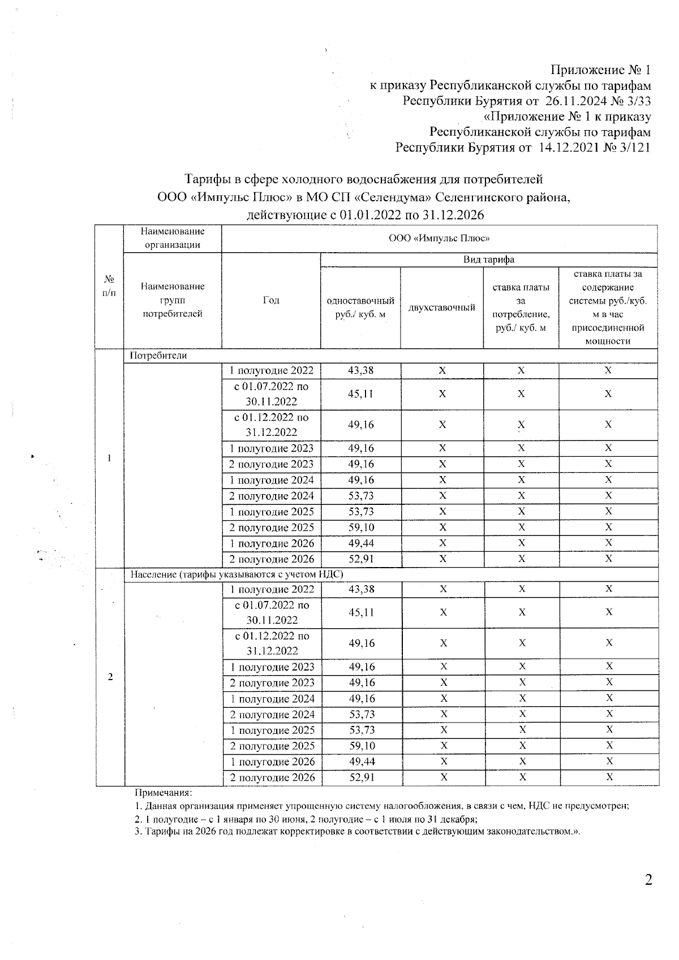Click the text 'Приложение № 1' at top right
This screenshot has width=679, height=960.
pos(600,70)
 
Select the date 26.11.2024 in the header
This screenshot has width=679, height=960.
pos(574,101)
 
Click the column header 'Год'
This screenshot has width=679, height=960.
pos(271,300)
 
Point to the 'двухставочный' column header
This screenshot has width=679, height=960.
pos(442,308)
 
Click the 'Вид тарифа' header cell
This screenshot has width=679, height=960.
pos(489,260)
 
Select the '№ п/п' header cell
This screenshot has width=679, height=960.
pos(109,286)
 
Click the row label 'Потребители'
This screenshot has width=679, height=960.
pos(158,356)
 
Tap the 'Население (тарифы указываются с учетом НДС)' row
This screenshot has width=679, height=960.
pos(237,574)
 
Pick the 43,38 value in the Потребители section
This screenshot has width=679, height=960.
pos(360,371)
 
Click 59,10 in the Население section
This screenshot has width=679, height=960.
pos(362,746)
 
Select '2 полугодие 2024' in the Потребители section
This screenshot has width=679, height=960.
pos(272,496)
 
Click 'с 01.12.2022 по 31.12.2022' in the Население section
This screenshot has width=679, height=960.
pos(272,643)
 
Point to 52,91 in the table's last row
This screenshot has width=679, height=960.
pos(362,777)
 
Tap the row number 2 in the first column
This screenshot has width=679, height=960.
pos(110,677)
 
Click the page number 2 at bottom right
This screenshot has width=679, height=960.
pos(648,880)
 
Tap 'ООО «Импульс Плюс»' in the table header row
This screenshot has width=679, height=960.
pos(439,239)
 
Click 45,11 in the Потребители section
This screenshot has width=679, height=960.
pos(360,394)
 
